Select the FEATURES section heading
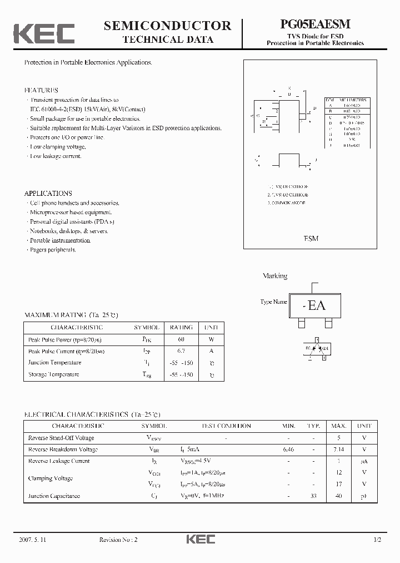point(41,90)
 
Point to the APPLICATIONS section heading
point(48,194)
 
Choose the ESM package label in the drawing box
point(311,239)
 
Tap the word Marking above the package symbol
point(274,276)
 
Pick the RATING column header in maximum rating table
point(181,328)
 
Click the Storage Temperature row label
point(54,374)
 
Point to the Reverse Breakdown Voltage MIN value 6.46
point(288,449)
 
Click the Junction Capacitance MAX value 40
point(339,496)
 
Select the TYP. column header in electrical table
point(313,426)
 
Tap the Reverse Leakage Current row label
point(59,461)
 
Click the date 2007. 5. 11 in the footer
point(35,540)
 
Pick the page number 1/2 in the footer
point(378,540)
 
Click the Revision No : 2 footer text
point(118,540)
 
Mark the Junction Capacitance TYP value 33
point(313,496)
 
